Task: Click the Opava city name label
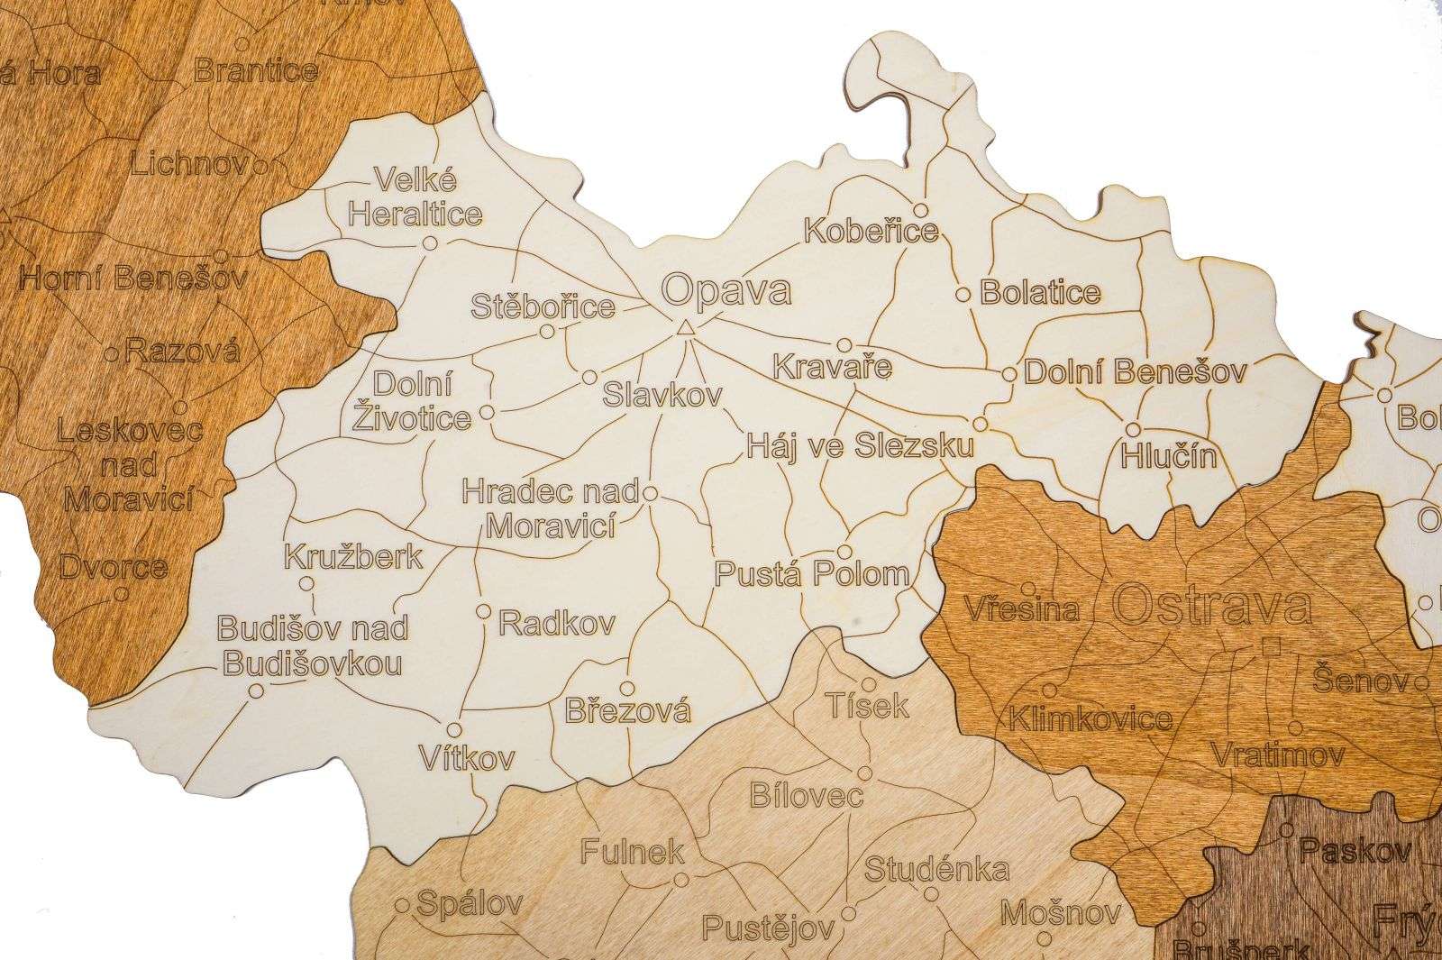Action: coord(726,291)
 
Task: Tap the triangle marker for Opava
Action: coord(686,328)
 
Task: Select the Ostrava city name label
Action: coord(1212,606)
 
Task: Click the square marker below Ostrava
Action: coord(1272,645)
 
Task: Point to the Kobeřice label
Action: coord(871,231)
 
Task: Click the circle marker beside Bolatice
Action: coord(963,294)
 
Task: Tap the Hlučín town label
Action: coord(1168,456)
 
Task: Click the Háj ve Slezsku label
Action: coord(861,446)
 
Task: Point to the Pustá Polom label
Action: coord(812,574)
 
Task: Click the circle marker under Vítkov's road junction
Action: coord(454,729)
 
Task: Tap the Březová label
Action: coord(628,711)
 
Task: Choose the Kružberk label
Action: coord(353,555)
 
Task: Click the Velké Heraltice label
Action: coord(415,197)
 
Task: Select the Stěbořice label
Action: coord(543,306)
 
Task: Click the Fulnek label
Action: coord(633,852)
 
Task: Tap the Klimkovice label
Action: coord(1091,719)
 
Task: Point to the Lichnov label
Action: coord(191,165)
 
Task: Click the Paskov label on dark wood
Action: coord(1342,848)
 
